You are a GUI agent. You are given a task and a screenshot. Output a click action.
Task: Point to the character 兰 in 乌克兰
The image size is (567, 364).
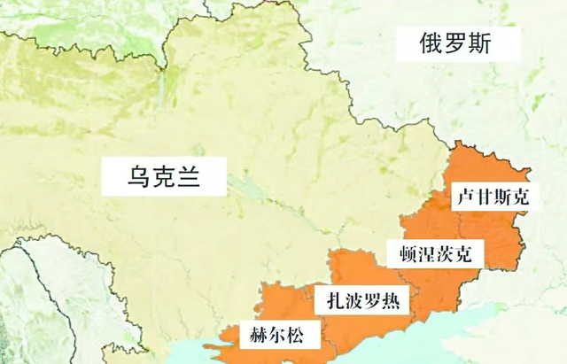coord(187,175)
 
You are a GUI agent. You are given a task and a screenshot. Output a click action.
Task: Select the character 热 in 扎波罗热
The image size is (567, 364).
coord(388,301)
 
